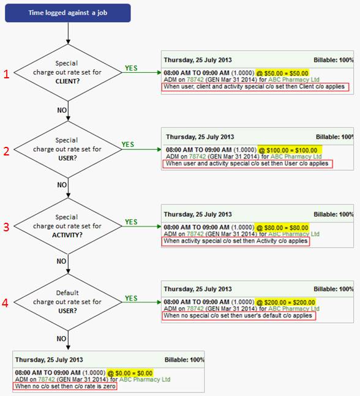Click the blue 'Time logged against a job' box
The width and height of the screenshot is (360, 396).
(68, 13)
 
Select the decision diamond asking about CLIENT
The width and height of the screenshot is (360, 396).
(68, 72)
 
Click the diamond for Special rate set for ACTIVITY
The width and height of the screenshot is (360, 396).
(68, 226)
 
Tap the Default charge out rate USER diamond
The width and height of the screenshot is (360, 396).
(68, 302)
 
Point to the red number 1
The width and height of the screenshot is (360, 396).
(6, 74)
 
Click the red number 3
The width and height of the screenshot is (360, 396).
(6, 227)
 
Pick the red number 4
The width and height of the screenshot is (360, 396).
(5, 303)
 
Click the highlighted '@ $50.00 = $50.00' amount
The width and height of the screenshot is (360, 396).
(282, 73)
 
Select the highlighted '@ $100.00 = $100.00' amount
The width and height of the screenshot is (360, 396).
(290, 150)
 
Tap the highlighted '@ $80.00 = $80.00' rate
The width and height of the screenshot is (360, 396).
(282, 228)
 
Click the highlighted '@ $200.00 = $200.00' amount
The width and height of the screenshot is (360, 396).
(286, 302)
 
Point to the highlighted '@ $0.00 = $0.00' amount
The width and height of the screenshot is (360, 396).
(130, 373)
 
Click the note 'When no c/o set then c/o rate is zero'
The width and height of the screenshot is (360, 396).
(65, 386)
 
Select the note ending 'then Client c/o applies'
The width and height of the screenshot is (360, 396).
(255, 87)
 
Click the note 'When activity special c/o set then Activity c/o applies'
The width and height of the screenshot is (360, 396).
(236, 241)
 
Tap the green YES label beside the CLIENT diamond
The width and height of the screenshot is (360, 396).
(131, 68)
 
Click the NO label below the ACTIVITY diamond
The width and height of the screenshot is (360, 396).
(61, 261)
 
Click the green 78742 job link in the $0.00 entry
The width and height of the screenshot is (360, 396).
(47, 379)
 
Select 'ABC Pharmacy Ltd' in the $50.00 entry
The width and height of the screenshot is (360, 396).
(294, 80)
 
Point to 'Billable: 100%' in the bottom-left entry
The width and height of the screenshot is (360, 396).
(184, 360)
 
